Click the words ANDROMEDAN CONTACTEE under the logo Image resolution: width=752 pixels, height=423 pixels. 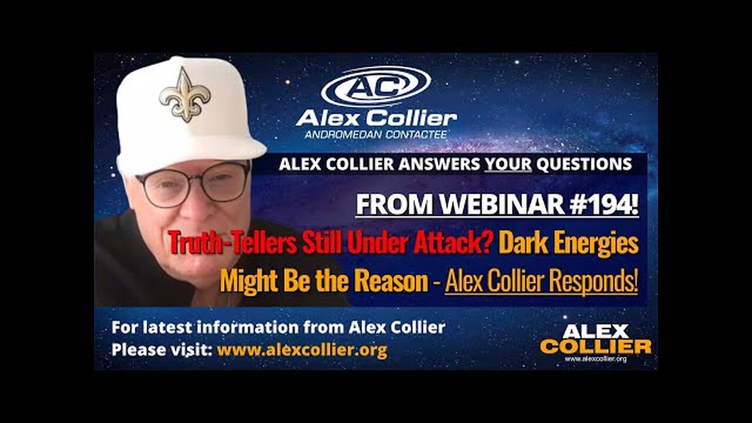376,135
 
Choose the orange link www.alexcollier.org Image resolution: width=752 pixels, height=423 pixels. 302,350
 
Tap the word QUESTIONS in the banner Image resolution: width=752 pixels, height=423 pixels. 584,164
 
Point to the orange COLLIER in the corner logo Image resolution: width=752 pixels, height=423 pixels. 595,347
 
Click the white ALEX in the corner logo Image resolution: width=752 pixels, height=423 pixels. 595,331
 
